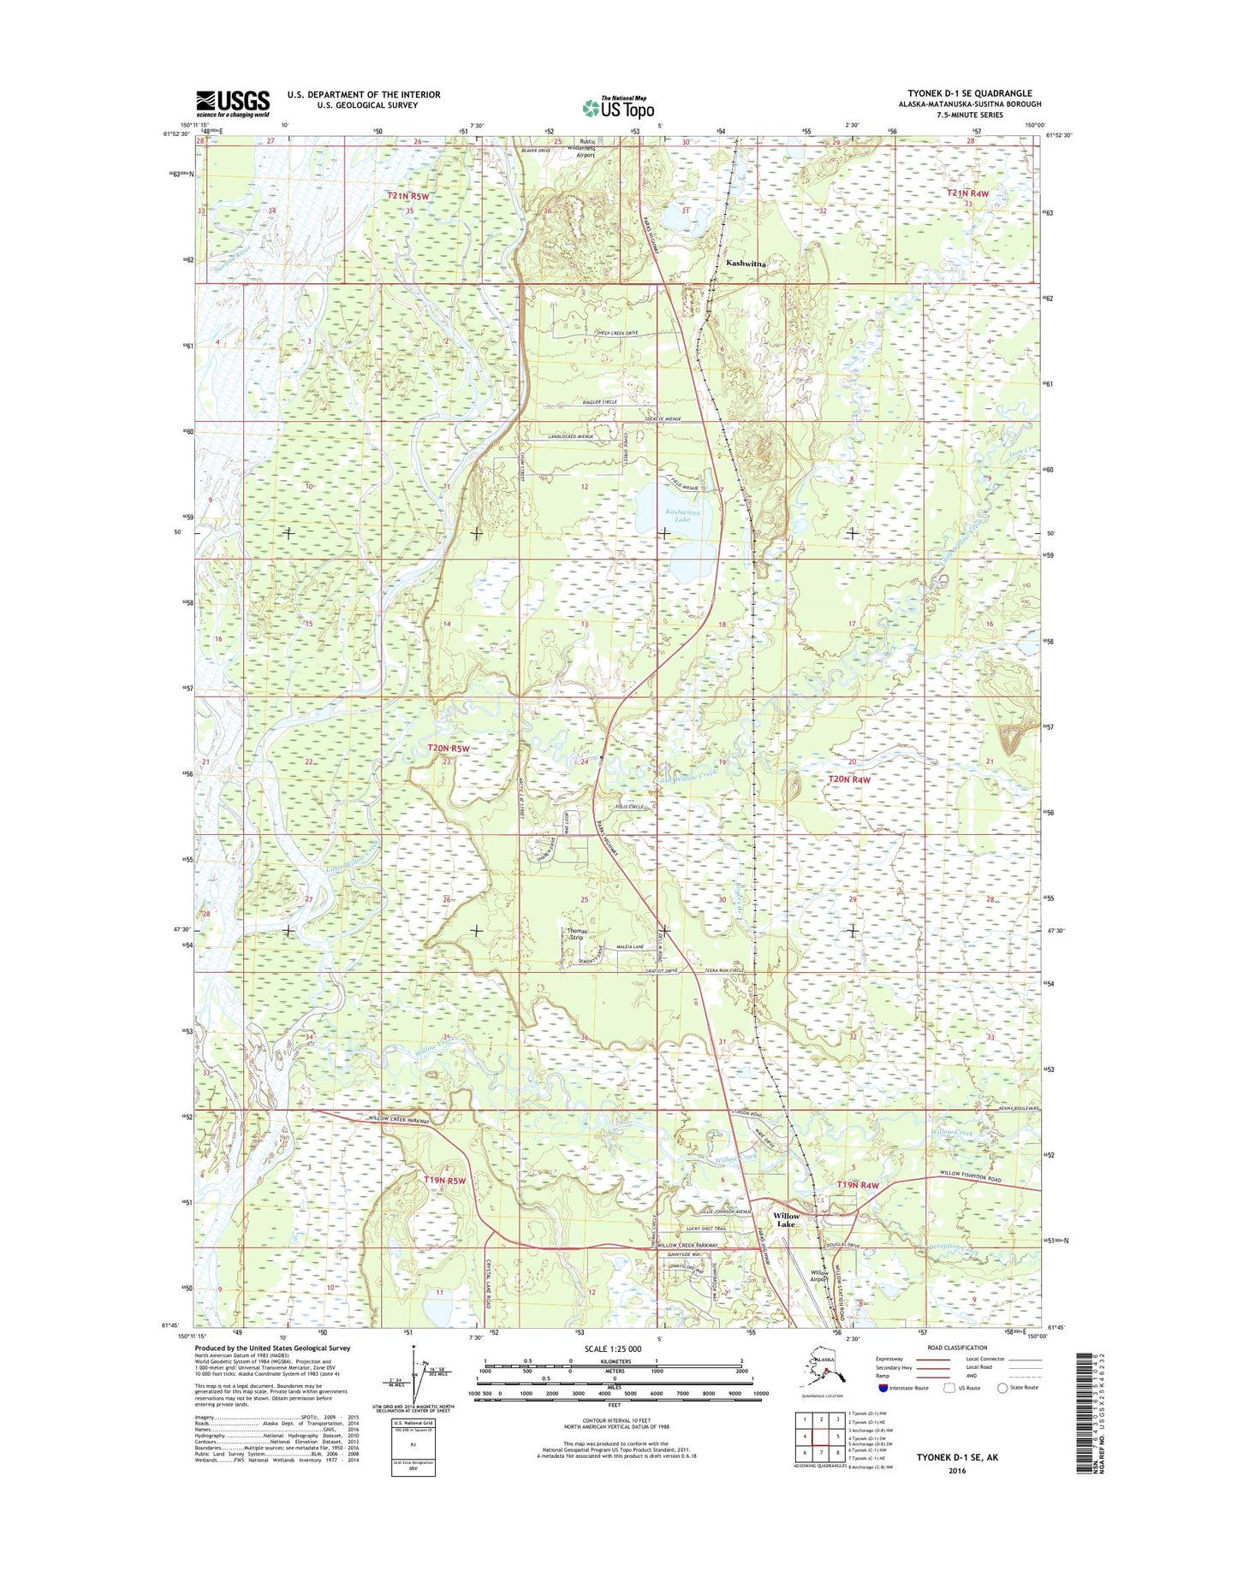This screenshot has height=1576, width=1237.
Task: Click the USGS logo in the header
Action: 232,104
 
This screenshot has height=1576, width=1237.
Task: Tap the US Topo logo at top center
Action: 618,107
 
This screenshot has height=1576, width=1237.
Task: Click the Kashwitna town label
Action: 746,264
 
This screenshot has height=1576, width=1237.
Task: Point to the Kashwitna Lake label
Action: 682,515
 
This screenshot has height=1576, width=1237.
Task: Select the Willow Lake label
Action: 786,1220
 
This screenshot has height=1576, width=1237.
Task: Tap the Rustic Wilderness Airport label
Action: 587,148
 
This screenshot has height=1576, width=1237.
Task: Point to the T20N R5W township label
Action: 449,749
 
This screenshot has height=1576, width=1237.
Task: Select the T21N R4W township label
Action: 967,194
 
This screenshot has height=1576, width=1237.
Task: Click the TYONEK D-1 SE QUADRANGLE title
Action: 969,93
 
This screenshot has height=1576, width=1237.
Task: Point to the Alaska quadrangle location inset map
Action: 819,1373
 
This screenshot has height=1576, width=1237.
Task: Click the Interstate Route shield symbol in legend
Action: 883,1388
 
